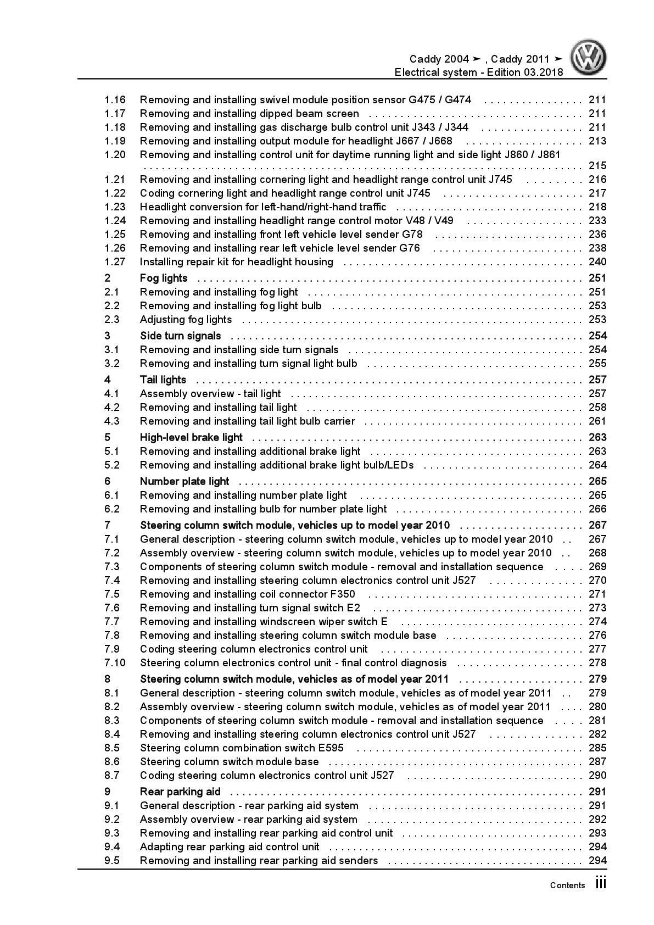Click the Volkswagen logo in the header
pos(588,58)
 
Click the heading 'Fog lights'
pos(164,278)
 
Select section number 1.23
pos(115,207)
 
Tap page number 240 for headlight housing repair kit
pos(597,262)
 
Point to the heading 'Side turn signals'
pos(180,336)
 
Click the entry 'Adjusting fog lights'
pos(186,320)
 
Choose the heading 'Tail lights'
pos(163,380)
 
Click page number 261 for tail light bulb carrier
pos(597,421)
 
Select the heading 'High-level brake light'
pos(191,438)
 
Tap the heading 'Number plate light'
pos(185,482)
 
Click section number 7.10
pos(115,663)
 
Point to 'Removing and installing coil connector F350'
pos(247,594)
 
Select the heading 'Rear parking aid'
pos(180,792)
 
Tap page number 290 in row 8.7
pos(597,776)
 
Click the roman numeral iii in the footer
pos(601,884)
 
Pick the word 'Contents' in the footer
pos(567,885)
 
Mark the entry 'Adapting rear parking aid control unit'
pos(230,847)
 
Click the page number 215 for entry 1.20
pos(597,166)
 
